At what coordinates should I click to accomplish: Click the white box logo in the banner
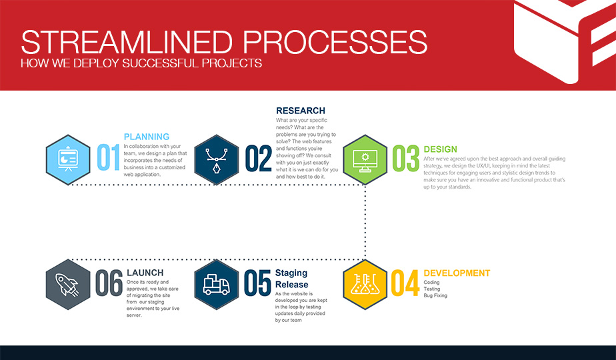(565, 39)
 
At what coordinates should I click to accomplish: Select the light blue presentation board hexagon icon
(68, 159)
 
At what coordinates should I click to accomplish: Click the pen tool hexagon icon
(217, 159)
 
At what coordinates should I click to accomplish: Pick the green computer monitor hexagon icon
(365, 159)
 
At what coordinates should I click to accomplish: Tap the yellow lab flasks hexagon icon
(365, 285)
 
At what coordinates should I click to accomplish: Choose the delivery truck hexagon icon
(217, 285)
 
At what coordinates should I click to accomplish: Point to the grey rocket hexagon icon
(68, 285)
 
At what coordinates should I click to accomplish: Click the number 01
(108, 157)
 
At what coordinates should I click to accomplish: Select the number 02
(259, 159)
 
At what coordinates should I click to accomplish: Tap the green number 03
(406, 159)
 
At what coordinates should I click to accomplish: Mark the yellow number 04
(405, 283)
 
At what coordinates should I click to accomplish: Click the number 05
(257, 283)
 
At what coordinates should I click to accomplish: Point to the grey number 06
(109, 283)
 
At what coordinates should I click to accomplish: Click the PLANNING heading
(147, 137)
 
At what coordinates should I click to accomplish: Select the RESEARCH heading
(301, 111)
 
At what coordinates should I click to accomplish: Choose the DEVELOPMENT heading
(457, 273)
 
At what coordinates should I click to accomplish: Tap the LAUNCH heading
(145, 273)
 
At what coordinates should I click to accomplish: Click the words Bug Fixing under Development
(435, 295)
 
